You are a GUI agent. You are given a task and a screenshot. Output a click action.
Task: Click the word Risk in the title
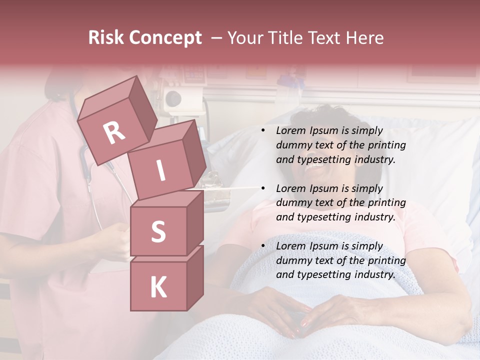click(x=105, y=38)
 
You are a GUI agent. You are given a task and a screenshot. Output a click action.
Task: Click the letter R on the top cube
click(x=114, y=133)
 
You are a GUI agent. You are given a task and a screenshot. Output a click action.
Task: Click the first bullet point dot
click(x=263, y=131)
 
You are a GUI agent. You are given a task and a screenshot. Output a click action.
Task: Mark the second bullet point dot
click(x=263, y=188)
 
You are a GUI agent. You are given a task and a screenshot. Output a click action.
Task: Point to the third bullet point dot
click(x=263, y=246)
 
